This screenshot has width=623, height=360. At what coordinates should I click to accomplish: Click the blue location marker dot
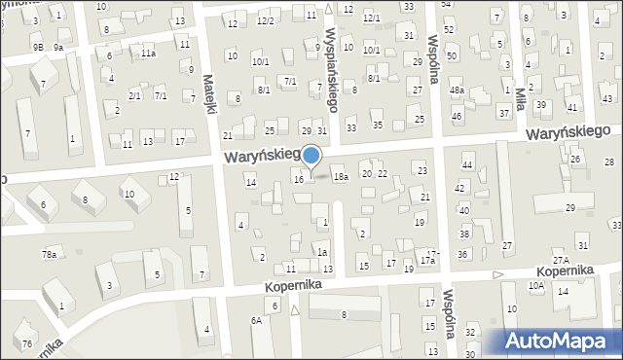pyautogui.click(x=311, y=155)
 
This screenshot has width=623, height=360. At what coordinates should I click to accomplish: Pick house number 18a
pyautogui.click(x=340, y=177)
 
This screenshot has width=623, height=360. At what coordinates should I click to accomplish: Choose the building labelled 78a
pyautogui.click(x=49, y=255)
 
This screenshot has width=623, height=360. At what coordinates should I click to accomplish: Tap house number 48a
pyautogui.click(x=456, y=90)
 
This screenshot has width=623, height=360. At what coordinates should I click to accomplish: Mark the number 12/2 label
pyautogui.click(x=264, y=21)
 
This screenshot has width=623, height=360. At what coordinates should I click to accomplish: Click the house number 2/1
pyautogui.click(x=134, y=95)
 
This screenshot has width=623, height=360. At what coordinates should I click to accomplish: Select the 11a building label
pyautogui.click(x=147, y=54)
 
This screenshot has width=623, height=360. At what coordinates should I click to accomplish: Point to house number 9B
pyautogui.click(x=37, y=47)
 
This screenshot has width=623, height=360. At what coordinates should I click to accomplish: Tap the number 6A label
pyautogui.click(x=256, y=320)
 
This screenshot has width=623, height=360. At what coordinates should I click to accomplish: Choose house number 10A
pyautogui.click(x=535, y=286)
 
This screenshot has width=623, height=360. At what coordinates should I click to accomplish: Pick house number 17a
pyautogui.click(x=426, y=261)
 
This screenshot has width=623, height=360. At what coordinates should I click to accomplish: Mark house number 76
pyautogui.click(x=28, y=344)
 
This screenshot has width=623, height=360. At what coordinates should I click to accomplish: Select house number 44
pyautogui.click(x=467, y=166)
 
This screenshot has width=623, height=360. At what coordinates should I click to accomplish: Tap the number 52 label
pyautogui.click(x=449, y=30)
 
